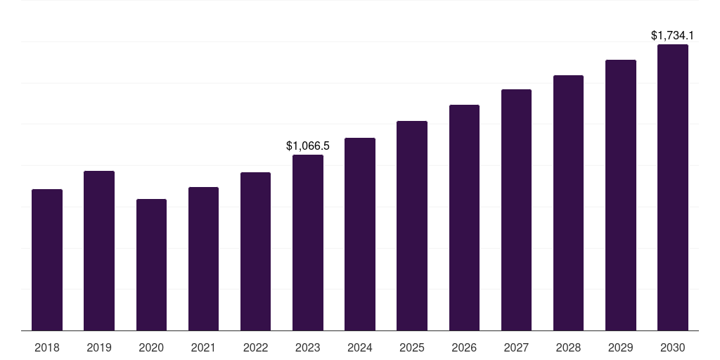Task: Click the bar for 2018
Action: tap(47, 259)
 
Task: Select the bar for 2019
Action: tap(99, 250)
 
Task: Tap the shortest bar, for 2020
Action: tap(151, 264)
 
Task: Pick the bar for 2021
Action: tap(203, 259)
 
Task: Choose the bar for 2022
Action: tap(255, 251)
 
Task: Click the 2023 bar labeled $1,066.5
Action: tap(308, 243)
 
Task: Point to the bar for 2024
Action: tap(360, 234)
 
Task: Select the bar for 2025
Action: tap(412, 226)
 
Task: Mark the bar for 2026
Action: tap(464, 217)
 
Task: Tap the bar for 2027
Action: tap(516, 210)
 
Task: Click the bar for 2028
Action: tap(568, 202)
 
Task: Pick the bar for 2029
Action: tap(621, 195)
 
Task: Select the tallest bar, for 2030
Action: tap(673, 187)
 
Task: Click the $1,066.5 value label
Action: tap(308, 146)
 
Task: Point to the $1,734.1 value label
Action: tap(673, 35)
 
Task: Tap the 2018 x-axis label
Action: tap(47, 347)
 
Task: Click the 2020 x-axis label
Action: tap(151, 347)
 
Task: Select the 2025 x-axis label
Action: tap(412, 347)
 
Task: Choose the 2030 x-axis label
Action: tap(673, 347)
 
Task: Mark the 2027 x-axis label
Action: tap(516, 347)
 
